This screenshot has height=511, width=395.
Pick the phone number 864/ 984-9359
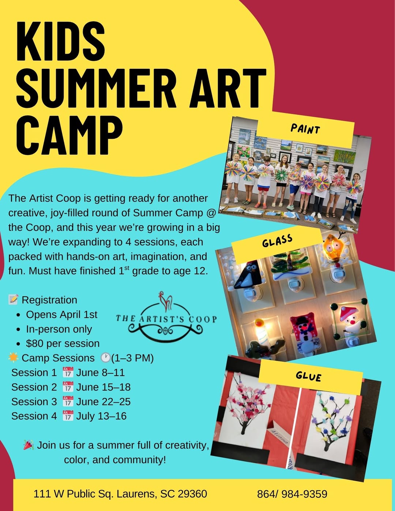292,494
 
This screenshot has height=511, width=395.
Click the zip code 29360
192,494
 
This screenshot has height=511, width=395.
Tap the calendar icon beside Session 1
68,372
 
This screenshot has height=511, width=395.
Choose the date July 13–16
101,416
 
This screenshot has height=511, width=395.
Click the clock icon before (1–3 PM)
106,358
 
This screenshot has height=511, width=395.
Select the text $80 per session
63,343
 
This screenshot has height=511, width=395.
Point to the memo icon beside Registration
13,300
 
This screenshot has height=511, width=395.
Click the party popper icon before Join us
29,445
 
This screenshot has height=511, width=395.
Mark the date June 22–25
103,401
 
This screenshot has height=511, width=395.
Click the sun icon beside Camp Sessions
13,357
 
